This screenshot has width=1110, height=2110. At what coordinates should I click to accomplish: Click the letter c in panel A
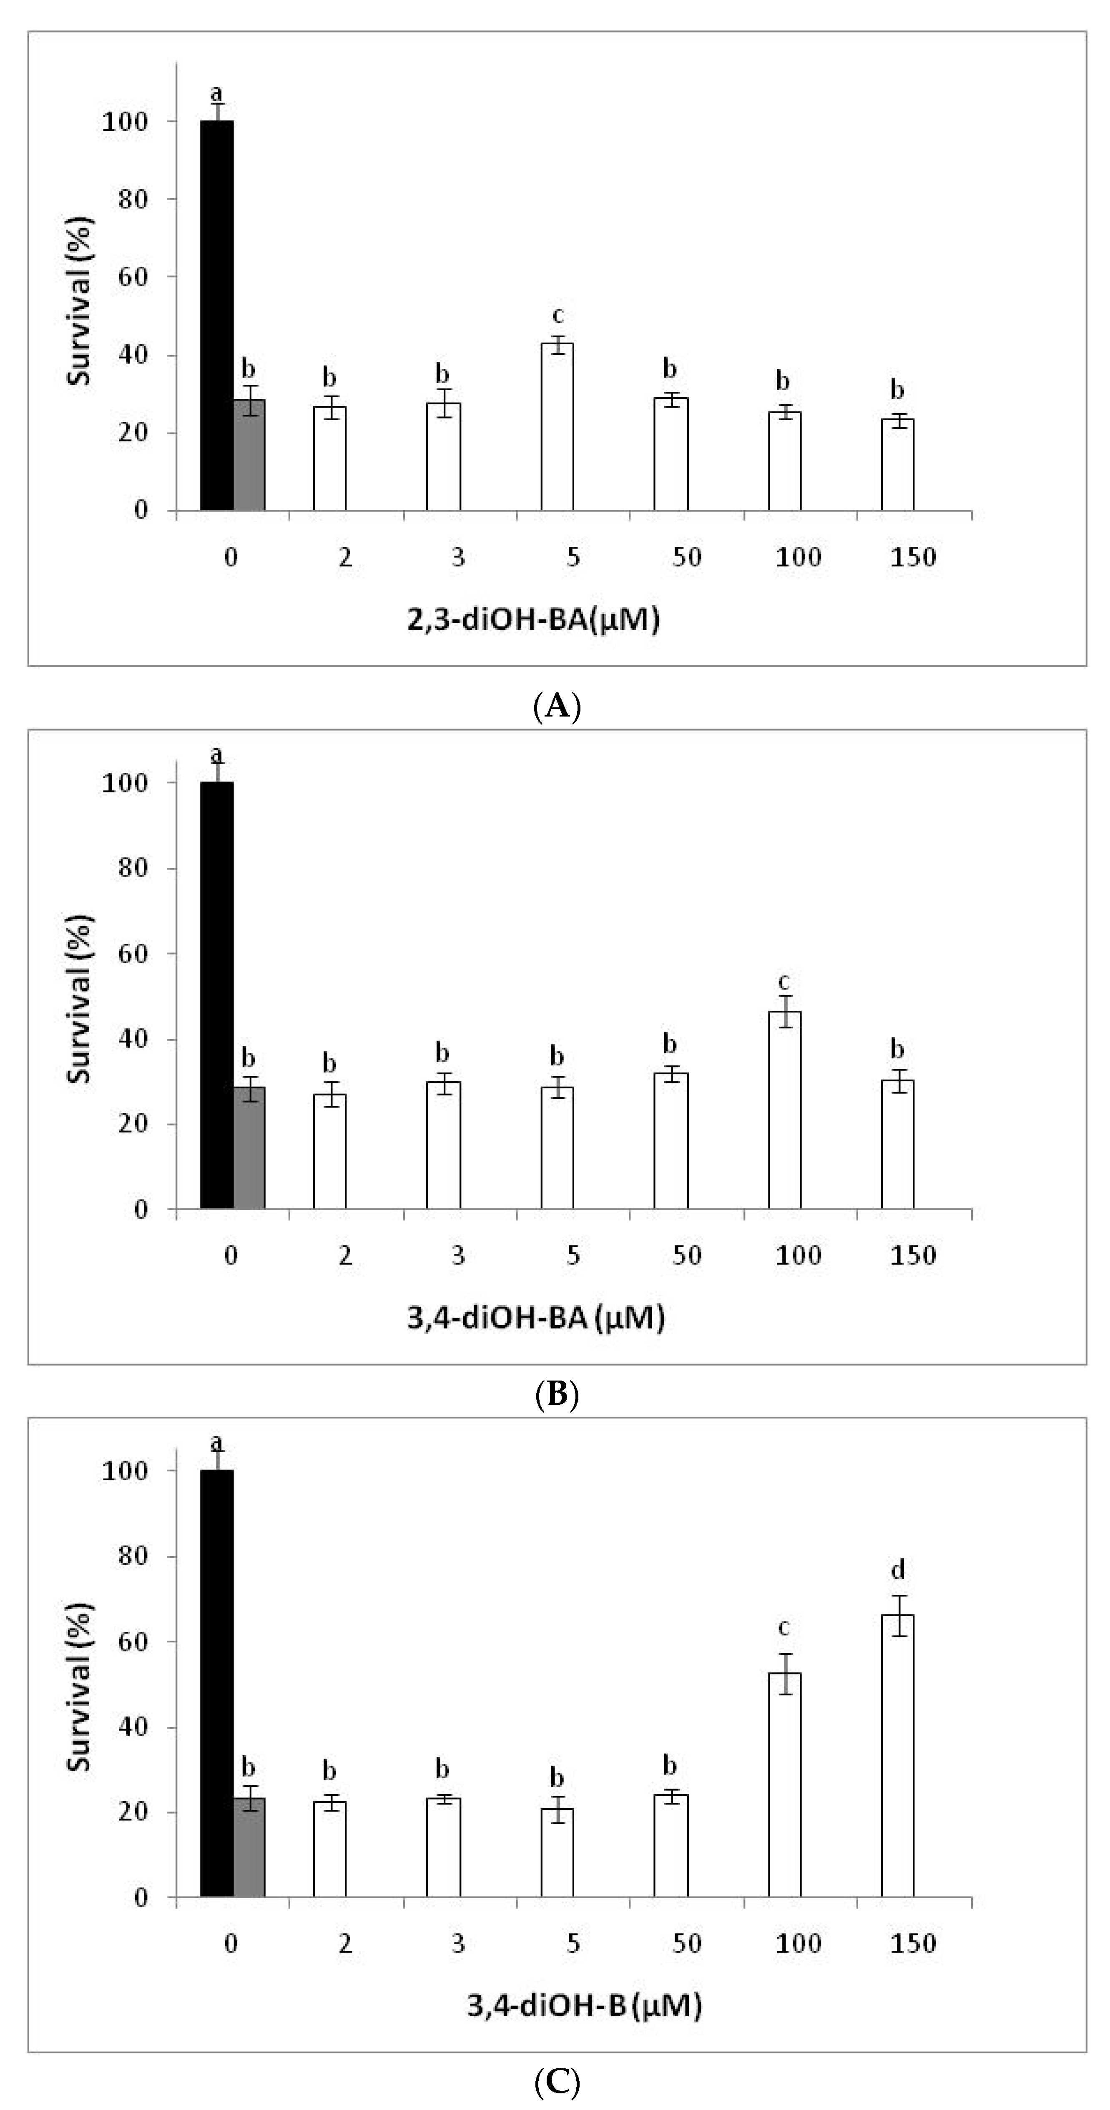(x=557, y=316)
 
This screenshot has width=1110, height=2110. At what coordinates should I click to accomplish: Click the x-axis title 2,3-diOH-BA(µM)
(x=533, y=620)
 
